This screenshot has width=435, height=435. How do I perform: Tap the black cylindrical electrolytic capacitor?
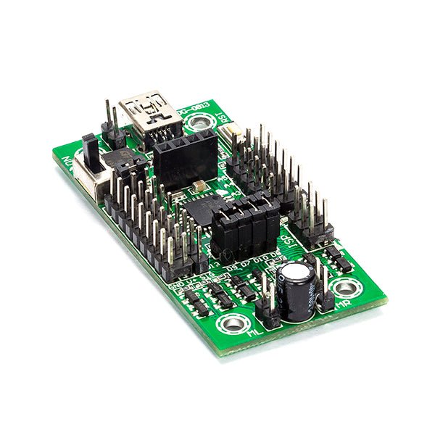pyautogui.click(x=297, y=290)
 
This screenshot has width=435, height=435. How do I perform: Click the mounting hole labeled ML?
pyautogui.click(x=233, y=323)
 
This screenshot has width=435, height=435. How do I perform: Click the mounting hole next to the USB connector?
pyautogui.click(x=198, y=124)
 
